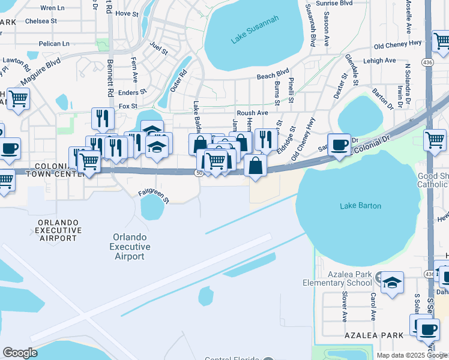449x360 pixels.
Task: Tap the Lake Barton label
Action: click(360, 206)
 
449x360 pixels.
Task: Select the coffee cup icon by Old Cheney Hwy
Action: click(339, 145)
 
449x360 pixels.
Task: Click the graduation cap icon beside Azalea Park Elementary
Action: click(392, 283)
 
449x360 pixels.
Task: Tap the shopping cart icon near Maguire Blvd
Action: click(18, 98)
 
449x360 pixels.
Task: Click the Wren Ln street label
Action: click(53, 8)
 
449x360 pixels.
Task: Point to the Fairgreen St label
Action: click(154, 195)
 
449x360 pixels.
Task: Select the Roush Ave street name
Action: click(252, 113)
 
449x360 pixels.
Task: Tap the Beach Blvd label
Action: click(273, 76)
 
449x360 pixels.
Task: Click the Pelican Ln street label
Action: click(53, 44)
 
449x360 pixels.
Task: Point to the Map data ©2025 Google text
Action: click(412, 355)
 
